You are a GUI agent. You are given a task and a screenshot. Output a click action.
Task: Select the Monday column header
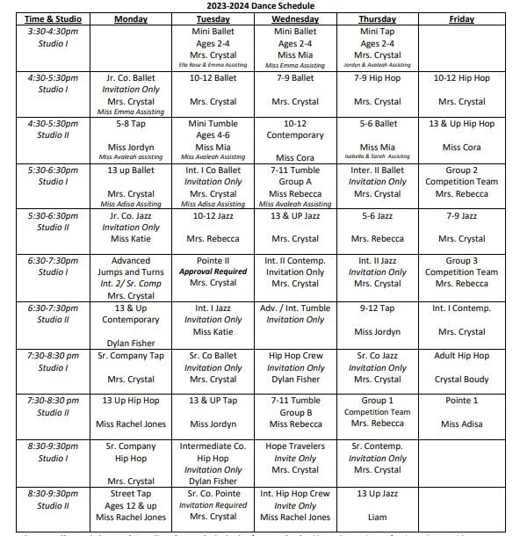point(131,18)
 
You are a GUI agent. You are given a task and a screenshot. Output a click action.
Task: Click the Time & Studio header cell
point(47,18)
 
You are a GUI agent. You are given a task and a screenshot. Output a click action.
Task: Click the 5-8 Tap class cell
point(131,124)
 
